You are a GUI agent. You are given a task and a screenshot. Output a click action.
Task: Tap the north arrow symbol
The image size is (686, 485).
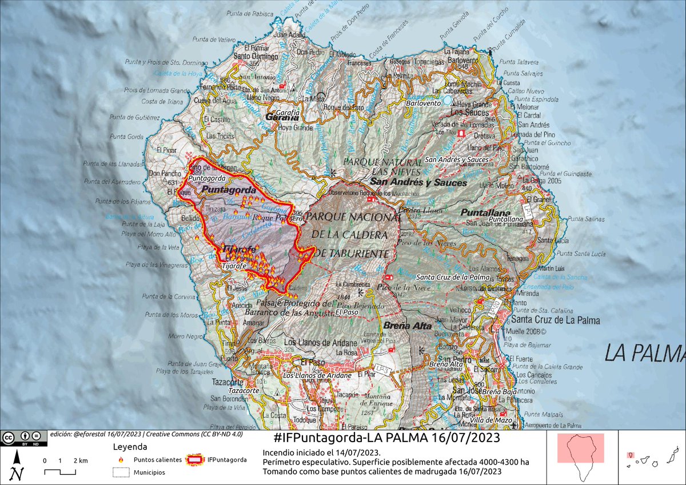click(18, 466)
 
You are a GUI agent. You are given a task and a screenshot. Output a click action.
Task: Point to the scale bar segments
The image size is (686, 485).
click(60, 472)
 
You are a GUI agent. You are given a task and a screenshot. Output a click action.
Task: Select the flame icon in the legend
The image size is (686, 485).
click(121, 459)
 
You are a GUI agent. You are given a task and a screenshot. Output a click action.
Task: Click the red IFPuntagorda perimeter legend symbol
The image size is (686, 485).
click(196, 459)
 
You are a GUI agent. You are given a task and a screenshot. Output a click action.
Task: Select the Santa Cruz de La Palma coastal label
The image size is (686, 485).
click(555, 320)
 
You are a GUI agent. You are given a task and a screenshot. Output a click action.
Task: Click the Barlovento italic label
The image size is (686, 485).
click(424, 103)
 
